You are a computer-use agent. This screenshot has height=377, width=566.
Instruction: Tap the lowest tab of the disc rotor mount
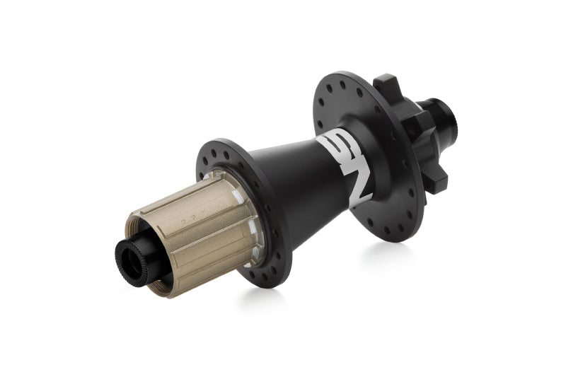point(439,182)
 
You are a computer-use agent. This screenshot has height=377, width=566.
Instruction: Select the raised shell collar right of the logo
point(379,152)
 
